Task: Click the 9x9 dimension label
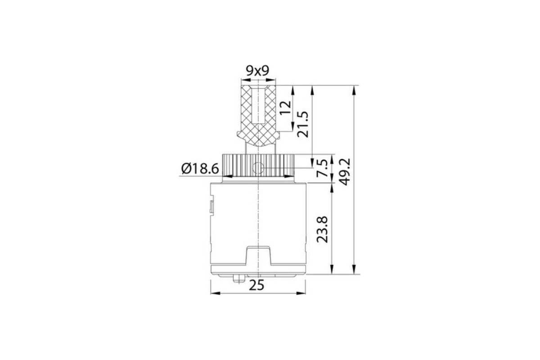point(257,71)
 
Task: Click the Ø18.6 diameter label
point(200,169)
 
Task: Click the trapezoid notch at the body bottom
point(258,256)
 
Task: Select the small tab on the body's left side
point(211,207)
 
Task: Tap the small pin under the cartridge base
point(238,279)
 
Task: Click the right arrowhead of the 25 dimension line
point(302,293)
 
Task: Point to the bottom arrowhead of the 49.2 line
point(355,270)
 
